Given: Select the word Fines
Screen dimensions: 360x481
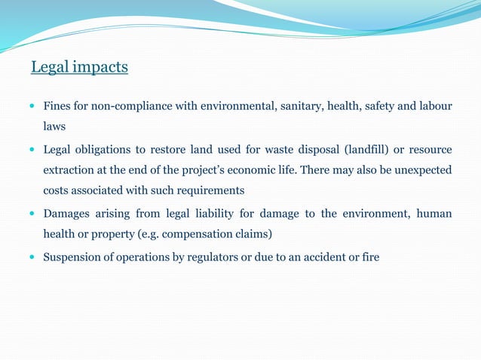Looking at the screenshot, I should tap(57, 105).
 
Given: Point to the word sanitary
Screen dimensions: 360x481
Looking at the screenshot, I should tap(299, 105).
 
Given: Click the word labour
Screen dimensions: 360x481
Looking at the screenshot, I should tap(435, 105).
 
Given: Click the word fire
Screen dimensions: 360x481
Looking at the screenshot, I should tap(369, 258).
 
